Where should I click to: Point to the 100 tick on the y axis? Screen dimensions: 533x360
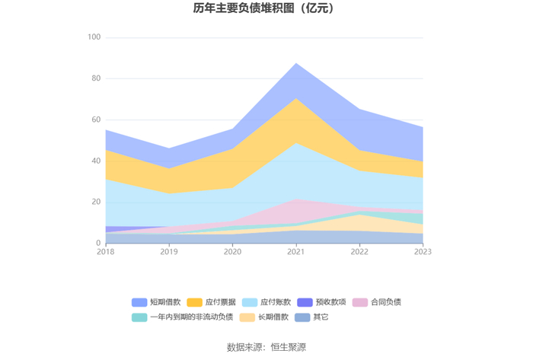pos(94,37)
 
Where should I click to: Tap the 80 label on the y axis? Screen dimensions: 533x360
pos(96,78)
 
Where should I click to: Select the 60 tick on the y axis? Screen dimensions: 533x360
pos(96,119)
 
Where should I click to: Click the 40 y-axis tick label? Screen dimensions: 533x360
pos(96,161)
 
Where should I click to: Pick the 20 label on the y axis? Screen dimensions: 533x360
pos(96,202)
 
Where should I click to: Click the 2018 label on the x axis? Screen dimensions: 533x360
pos(106,252)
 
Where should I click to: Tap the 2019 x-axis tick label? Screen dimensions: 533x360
pos(169,252)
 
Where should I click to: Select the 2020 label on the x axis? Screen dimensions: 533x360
pos(232,252)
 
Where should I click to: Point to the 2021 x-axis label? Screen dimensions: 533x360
pos(296,252)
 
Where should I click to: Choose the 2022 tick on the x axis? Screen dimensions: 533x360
pos(359,252)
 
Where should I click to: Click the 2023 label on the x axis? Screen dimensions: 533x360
pos(423,252)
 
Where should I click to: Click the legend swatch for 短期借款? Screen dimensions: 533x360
pos(139,302)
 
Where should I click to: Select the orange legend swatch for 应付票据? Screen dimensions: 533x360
pos(195,302)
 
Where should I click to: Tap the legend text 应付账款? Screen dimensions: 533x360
pos(276,302)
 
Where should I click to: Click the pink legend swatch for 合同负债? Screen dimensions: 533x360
pos(360,302)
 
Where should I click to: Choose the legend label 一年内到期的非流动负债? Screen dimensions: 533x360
pos(192,317)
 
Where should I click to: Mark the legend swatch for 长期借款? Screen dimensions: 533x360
pos(247,317)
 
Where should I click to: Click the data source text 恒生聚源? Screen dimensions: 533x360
pos(289,347)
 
